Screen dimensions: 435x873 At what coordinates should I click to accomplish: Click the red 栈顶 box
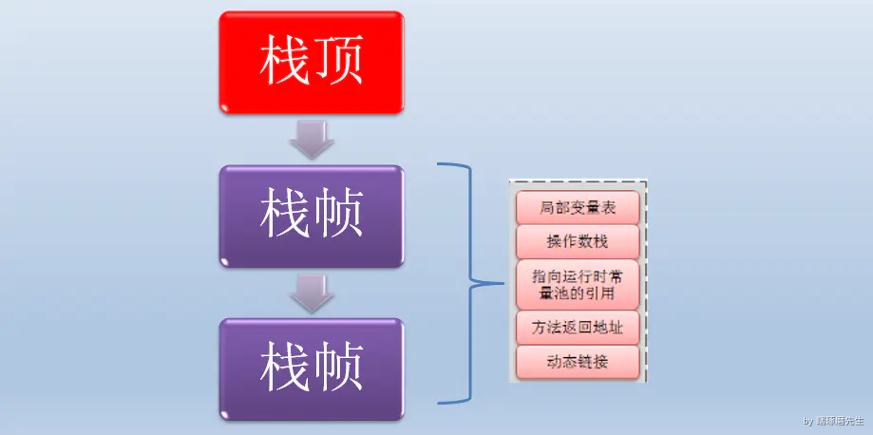point(312,61)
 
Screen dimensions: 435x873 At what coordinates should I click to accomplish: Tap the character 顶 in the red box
point(338,62)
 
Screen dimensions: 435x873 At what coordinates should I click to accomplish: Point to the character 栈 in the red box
point(286,62)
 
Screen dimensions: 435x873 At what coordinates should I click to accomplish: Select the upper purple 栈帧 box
point(312,217)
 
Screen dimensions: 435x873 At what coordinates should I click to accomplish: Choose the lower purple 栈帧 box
point(312,369)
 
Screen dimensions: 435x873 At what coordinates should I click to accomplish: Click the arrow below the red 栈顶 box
point(312,140)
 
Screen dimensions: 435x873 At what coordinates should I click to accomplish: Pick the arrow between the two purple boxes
point(312,293)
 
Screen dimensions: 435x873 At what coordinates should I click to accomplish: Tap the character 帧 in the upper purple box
point(338,217)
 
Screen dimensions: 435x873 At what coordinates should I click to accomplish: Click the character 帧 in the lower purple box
point(338,369)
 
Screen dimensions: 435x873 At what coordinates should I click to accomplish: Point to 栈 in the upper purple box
point(286,217)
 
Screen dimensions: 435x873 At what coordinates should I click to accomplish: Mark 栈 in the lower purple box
point(286,369)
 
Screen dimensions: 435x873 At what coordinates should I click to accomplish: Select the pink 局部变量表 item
point(578,207)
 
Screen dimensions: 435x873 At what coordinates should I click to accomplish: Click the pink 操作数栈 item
point(578,241)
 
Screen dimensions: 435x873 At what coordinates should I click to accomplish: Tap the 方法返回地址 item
point(578,328)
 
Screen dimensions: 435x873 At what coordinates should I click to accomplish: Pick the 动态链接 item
point(578,361)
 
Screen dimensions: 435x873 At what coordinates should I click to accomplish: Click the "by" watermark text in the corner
point(808,420)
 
